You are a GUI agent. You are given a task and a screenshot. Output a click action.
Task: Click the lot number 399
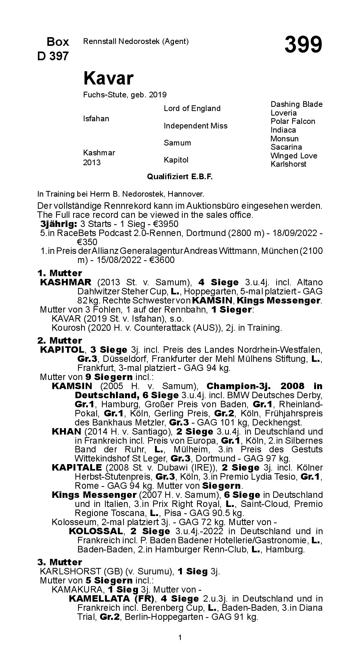pos(303,45)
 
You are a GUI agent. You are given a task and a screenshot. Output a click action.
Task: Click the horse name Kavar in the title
pos(108,78)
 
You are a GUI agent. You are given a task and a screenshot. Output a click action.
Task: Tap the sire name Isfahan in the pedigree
pos(96,119)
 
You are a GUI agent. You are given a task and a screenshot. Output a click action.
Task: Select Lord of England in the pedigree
pos(192,108)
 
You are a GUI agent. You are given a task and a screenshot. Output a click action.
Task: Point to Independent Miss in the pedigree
pos(196,126)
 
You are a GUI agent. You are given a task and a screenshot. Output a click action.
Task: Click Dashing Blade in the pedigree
pos(296,104)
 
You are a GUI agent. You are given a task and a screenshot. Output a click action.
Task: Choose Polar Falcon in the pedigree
pos(293,121)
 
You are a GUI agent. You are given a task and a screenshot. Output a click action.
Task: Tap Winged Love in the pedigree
pos(294,156)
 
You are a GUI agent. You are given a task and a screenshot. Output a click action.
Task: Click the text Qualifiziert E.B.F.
pos(180,177)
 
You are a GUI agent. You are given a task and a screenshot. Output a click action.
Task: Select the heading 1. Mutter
pos(59,273)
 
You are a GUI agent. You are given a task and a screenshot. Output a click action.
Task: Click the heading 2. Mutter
pos(59,340)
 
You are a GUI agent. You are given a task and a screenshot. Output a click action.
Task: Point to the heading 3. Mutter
pos(59,562)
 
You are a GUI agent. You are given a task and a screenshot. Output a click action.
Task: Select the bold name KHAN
pos(66,432)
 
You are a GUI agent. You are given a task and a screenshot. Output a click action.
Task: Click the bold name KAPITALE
pos(77,468)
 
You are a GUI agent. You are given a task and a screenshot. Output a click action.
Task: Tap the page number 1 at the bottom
pos(180,638)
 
